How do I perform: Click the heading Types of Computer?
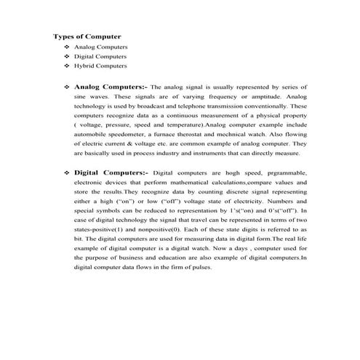coord(87,36)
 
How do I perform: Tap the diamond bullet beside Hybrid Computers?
coord(67,65)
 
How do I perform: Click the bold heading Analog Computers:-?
coord(110,87)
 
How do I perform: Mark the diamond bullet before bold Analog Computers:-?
coord(67,87)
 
